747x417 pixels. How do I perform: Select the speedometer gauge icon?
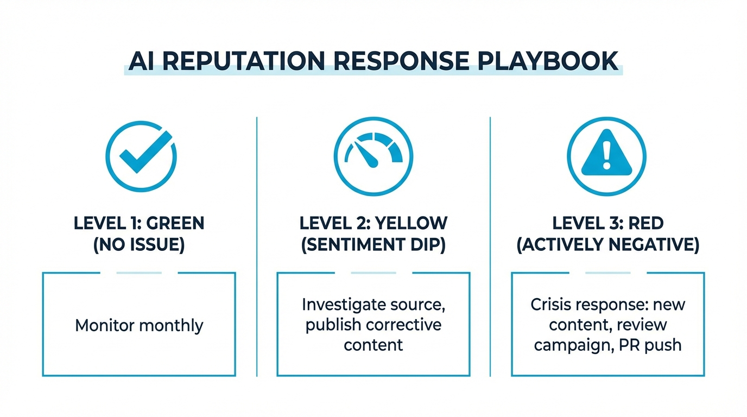pos(373,156)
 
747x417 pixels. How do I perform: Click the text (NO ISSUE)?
pos(139,245)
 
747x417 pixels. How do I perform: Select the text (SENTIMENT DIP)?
pos(373,245)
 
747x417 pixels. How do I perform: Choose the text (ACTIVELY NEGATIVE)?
pos(607,245)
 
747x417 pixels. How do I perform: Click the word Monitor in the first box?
pos(105,325)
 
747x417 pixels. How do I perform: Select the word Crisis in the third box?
pos(551,305)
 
